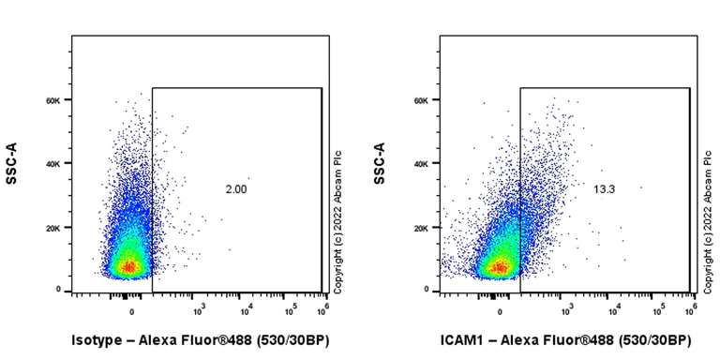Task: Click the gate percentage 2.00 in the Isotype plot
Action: [236, 190]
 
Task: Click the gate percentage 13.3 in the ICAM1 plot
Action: [604, 190]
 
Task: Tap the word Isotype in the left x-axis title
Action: [98, 338]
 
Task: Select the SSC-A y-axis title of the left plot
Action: [12, 163]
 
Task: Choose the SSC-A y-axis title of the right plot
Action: [380, 163]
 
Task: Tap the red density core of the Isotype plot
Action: [129, 268]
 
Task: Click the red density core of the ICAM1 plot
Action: [500, 269]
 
